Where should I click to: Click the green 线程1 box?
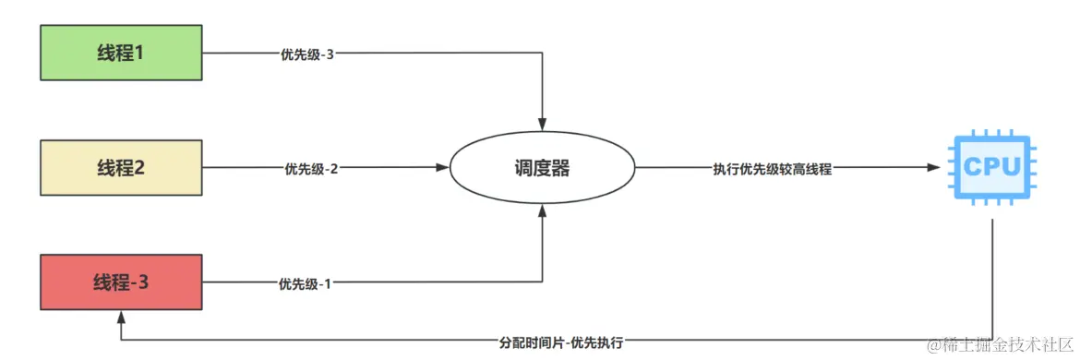click(121, 53)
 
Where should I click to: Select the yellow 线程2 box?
click(121, 168)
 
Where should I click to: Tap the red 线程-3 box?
click(121, 282)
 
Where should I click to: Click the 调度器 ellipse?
click(543, 168)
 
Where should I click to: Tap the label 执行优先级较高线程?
click(772, 169)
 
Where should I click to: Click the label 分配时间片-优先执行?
click(560, 342)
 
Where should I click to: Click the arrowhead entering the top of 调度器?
click(543, 125)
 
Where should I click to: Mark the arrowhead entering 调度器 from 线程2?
click(442, 168)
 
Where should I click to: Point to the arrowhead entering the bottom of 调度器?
click(543, 211)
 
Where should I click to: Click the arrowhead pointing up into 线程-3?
click(121, 317)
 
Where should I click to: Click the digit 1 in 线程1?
click(139, 53)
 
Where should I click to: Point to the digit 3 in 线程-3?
click(143, 282)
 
